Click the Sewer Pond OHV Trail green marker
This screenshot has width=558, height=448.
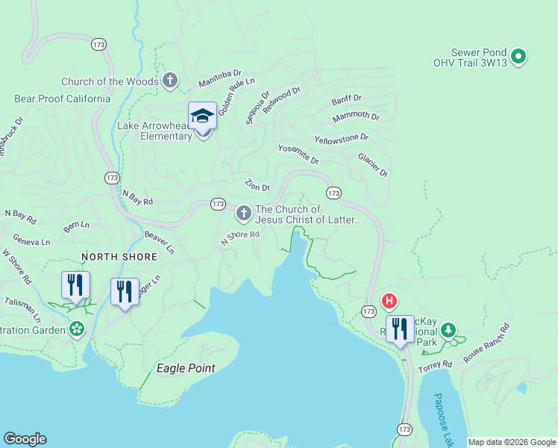pos(519,56)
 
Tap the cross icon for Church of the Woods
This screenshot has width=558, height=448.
pos(170,81)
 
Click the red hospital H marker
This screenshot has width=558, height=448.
pos(389,302)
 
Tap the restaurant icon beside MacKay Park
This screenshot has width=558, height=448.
pos(400,329)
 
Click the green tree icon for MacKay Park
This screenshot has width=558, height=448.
pos(448,329)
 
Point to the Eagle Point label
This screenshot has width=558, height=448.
pos(186,368)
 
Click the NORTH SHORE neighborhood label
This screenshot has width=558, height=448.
pos(119,257)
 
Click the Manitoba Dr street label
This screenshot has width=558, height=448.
pos(219,78)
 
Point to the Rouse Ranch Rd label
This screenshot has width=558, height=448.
pos(486,342)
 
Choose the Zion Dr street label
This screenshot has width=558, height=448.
pos(257,184)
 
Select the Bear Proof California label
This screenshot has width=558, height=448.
pos(63,99)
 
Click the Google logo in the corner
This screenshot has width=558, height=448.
pos(25,439)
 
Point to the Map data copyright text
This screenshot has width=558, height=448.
pos(512,442)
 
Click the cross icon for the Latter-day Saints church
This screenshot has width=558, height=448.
pos(243,214)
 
